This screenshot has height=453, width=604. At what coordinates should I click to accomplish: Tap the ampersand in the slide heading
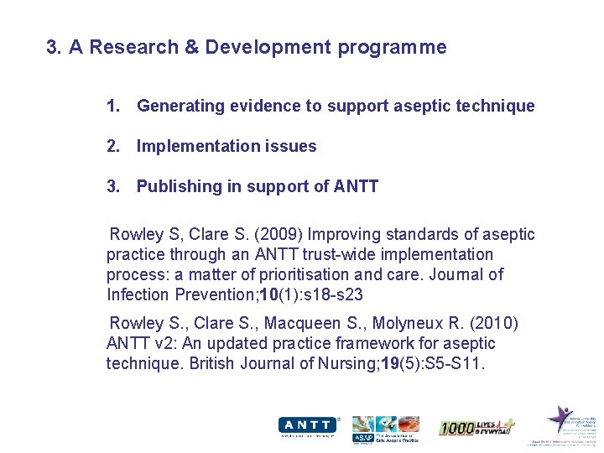click(x=190, y=47)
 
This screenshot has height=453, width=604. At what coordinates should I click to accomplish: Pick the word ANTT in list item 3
click(x=357, y=186)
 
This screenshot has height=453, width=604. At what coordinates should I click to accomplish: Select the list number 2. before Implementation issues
click(x=113, y=146)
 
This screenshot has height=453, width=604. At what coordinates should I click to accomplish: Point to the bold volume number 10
click(x=268, y=294)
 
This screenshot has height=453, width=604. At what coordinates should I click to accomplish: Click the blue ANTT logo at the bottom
click(x=308, y=425)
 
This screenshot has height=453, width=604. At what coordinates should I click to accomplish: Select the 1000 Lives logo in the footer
click(x=476, y=427)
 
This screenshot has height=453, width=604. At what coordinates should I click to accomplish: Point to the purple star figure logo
click(x=560, y=419)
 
